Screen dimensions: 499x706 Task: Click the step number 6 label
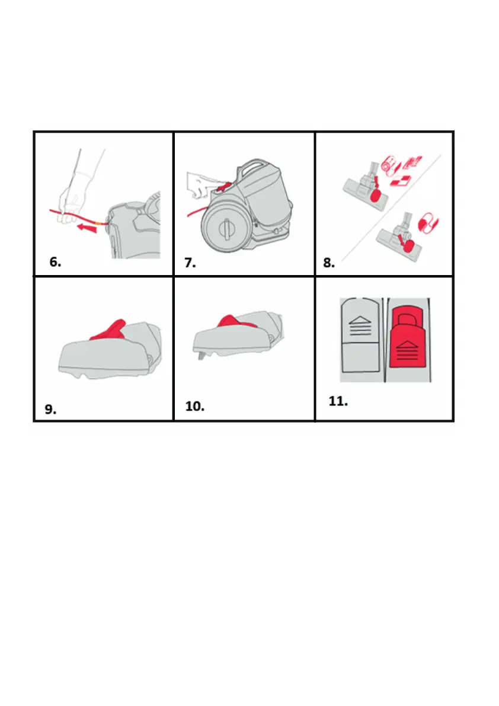coord(55,263)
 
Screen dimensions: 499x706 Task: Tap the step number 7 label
coord(190,263)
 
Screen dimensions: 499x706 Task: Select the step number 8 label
coord(330,263)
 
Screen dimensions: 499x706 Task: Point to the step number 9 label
coord(51,409)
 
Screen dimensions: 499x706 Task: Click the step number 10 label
coord(195,407)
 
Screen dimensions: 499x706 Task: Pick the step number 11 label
coord(338,401)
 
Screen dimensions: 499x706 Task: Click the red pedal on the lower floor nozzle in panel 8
coord(406,241)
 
